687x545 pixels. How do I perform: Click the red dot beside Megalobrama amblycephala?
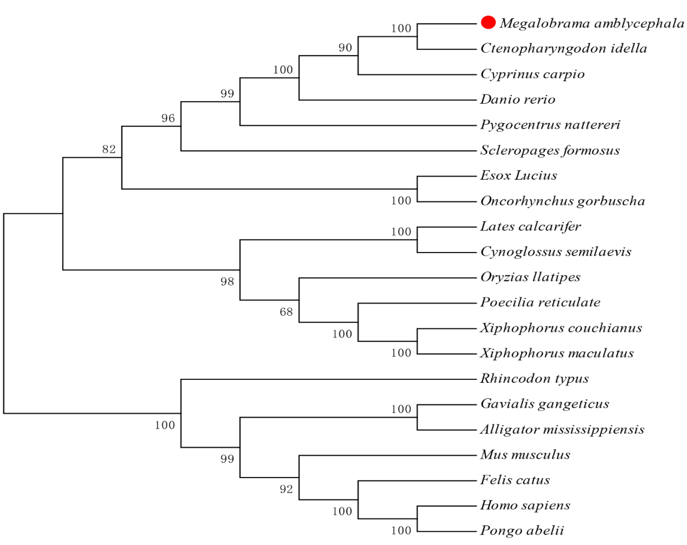point(488,22)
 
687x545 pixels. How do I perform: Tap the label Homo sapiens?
point(525,505)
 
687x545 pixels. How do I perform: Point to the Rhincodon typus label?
point(534,379)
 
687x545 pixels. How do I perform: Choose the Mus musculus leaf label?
point(525,454)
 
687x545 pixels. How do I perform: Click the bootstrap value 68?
point(286,312)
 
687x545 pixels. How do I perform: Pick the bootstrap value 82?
point(109,149)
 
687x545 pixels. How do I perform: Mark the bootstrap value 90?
point(345,48)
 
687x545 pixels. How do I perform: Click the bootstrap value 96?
point(168,118)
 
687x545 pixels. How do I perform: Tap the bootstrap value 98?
point(227,281)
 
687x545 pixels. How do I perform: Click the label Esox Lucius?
point(518,175)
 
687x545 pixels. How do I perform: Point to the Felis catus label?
point(515,480)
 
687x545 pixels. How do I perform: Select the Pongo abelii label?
point(522,531)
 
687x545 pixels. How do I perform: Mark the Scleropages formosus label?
point(550,150)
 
